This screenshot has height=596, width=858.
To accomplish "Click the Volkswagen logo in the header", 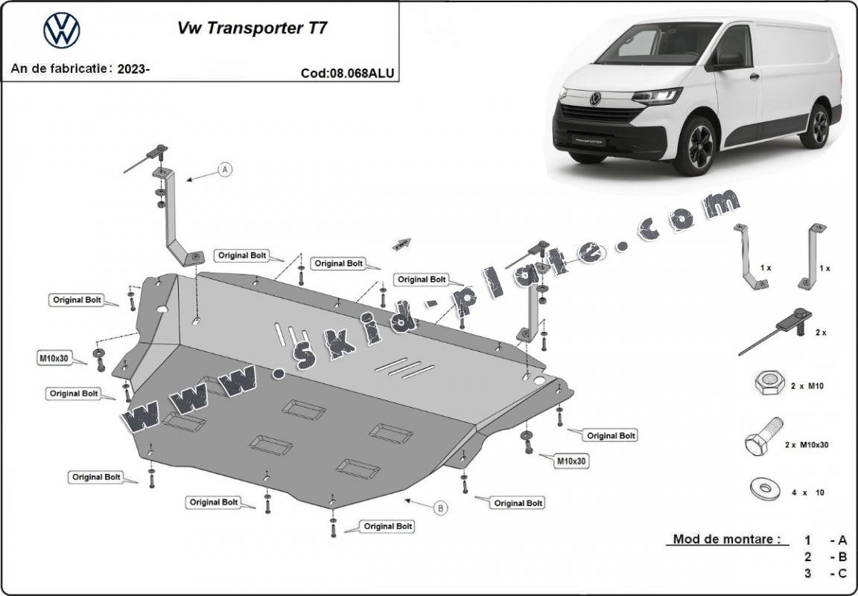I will pos(61,31).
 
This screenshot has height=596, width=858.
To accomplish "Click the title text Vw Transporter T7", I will pos(251,28).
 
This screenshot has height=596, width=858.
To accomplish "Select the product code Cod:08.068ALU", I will pos(347,73).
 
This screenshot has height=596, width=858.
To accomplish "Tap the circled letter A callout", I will pos(225,170).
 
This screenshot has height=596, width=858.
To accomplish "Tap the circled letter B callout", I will pos(441,508).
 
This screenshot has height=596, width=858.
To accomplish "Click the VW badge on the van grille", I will pos(595,98).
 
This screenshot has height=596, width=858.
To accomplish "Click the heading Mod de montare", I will pos(726,539).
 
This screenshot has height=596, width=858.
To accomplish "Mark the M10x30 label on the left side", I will pos(54,358).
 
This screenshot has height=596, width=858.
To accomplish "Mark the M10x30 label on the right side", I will pos(571,461).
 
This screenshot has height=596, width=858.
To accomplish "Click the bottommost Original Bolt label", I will pos(388,526).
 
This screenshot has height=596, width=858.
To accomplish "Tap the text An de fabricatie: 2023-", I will pos(80,69).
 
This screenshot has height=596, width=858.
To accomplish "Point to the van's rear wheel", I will pos(818,126).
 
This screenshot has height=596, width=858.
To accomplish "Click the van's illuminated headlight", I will pos(658,96).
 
